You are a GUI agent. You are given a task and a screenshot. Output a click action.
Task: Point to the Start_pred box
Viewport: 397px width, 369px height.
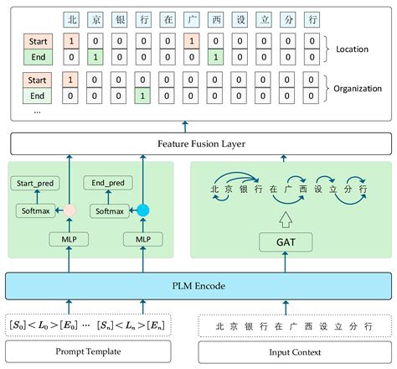36,182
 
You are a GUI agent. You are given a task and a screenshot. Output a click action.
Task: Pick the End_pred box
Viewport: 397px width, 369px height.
104,182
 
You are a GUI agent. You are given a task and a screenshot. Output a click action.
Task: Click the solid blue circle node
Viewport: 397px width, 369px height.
142,210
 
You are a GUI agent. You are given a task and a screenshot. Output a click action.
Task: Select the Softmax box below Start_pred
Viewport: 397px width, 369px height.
34,210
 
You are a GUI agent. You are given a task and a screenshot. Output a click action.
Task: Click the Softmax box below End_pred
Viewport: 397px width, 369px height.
109,210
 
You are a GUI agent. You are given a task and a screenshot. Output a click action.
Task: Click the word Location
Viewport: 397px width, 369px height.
352,49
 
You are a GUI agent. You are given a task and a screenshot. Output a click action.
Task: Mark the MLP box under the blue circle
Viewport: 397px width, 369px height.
142,240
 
